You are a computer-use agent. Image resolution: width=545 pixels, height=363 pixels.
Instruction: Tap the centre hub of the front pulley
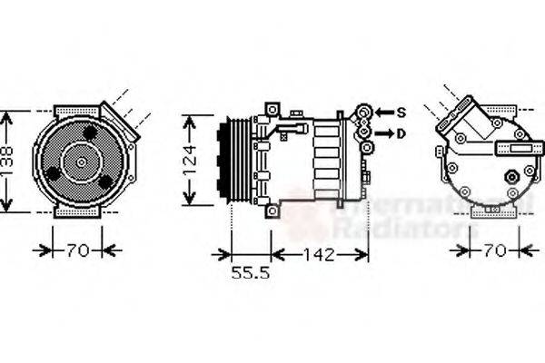point(81,162)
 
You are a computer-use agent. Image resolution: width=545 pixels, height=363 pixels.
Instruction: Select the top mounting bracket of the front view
point(81,112)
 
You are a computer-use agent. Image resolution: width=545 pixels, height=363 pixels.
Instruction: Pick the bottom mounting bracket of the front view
point(81,211)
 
